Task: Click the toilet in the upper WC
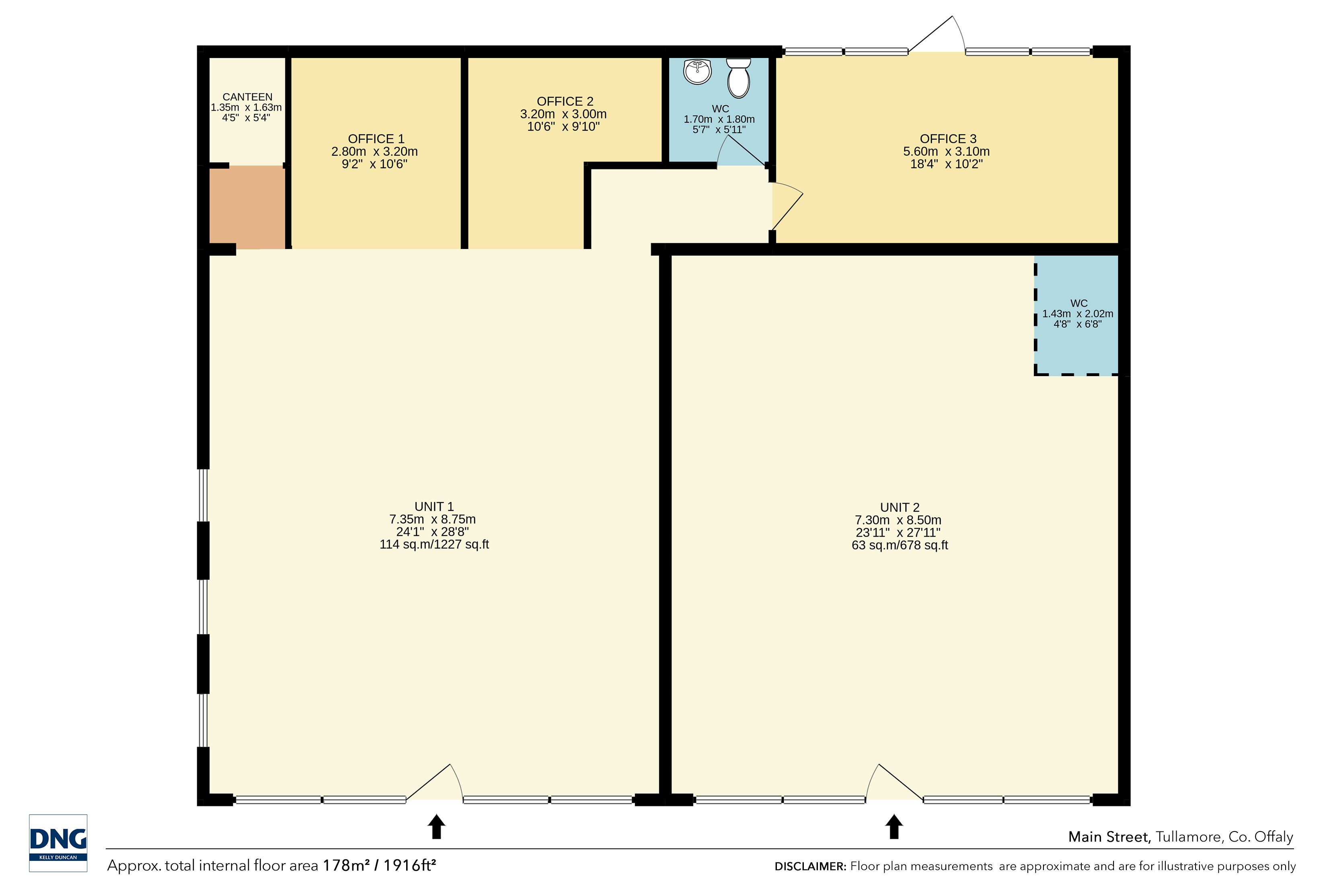739,78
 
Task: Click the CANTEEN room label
247,97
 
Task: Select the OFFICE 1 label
376,139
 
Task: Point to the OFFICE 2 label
565,102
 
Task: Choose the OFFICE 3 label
948,139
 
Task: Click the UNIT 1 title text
434,507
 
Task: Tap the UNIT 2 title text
900,507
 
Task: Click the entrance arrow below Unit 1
436,826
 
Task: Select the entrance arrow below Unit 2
894,826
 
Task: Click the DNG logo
58,843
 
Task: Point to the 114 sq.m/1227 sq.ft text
434,545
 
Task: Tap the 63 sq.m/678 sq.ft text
900,545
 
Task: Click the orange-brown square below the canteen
247,207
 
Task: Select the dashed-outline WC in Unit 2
1076,315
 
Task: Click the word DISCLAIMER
810,866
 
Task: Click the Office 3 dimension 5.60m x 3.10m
946,151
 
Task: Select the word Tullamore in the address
1190,837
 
